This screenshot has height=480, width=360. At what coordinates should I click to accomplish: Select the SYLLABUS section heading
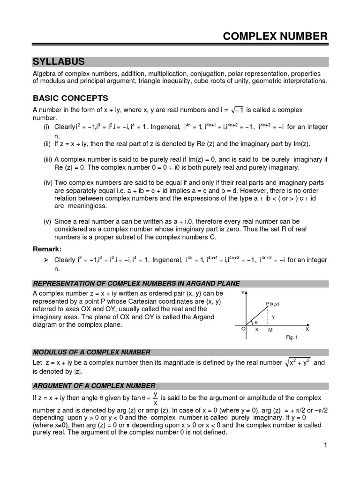click(x=59, y=62)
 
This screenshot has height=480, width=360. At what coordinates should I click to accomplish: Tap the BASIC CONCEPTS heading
click(x=70, y=98)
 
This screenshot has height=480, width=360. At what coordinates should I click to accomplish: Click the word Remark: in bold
click(x=47, y=248)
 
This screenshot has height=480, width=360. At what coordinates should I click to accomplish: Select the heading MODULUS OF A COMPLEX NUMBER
click(x=91, y=352)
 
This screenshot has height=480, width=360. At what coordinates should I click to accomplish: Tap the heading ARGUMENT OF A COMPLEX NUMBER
click(x=94, y=385)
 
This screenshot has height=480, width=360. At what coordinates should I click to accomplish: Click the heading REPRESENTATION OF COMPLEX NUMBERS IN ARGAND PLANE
click(x=136, y=283)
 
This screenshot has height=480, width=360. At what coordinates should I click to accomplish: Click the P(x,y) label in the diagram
click(x=272, y=304)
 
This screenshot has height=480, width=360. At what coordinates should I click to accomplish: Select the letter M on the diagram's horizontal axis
click(x=270, y=330)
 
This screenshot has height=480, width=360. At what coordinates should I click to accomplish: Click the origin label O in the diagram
click(x=243, y=329)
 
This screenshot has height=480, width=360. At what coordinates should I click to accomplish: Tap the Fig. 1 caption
click(x=292, y=337)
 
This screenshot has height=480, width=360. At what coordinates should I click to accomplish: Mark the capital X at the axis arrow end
click(x=307, y=330)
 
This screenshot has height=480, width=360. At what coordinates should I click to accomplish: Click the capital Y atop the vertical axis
click(x=242, y=292)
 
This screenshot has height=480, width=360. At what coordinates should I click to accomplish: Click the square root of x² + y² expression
click(x=298, y=363)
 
